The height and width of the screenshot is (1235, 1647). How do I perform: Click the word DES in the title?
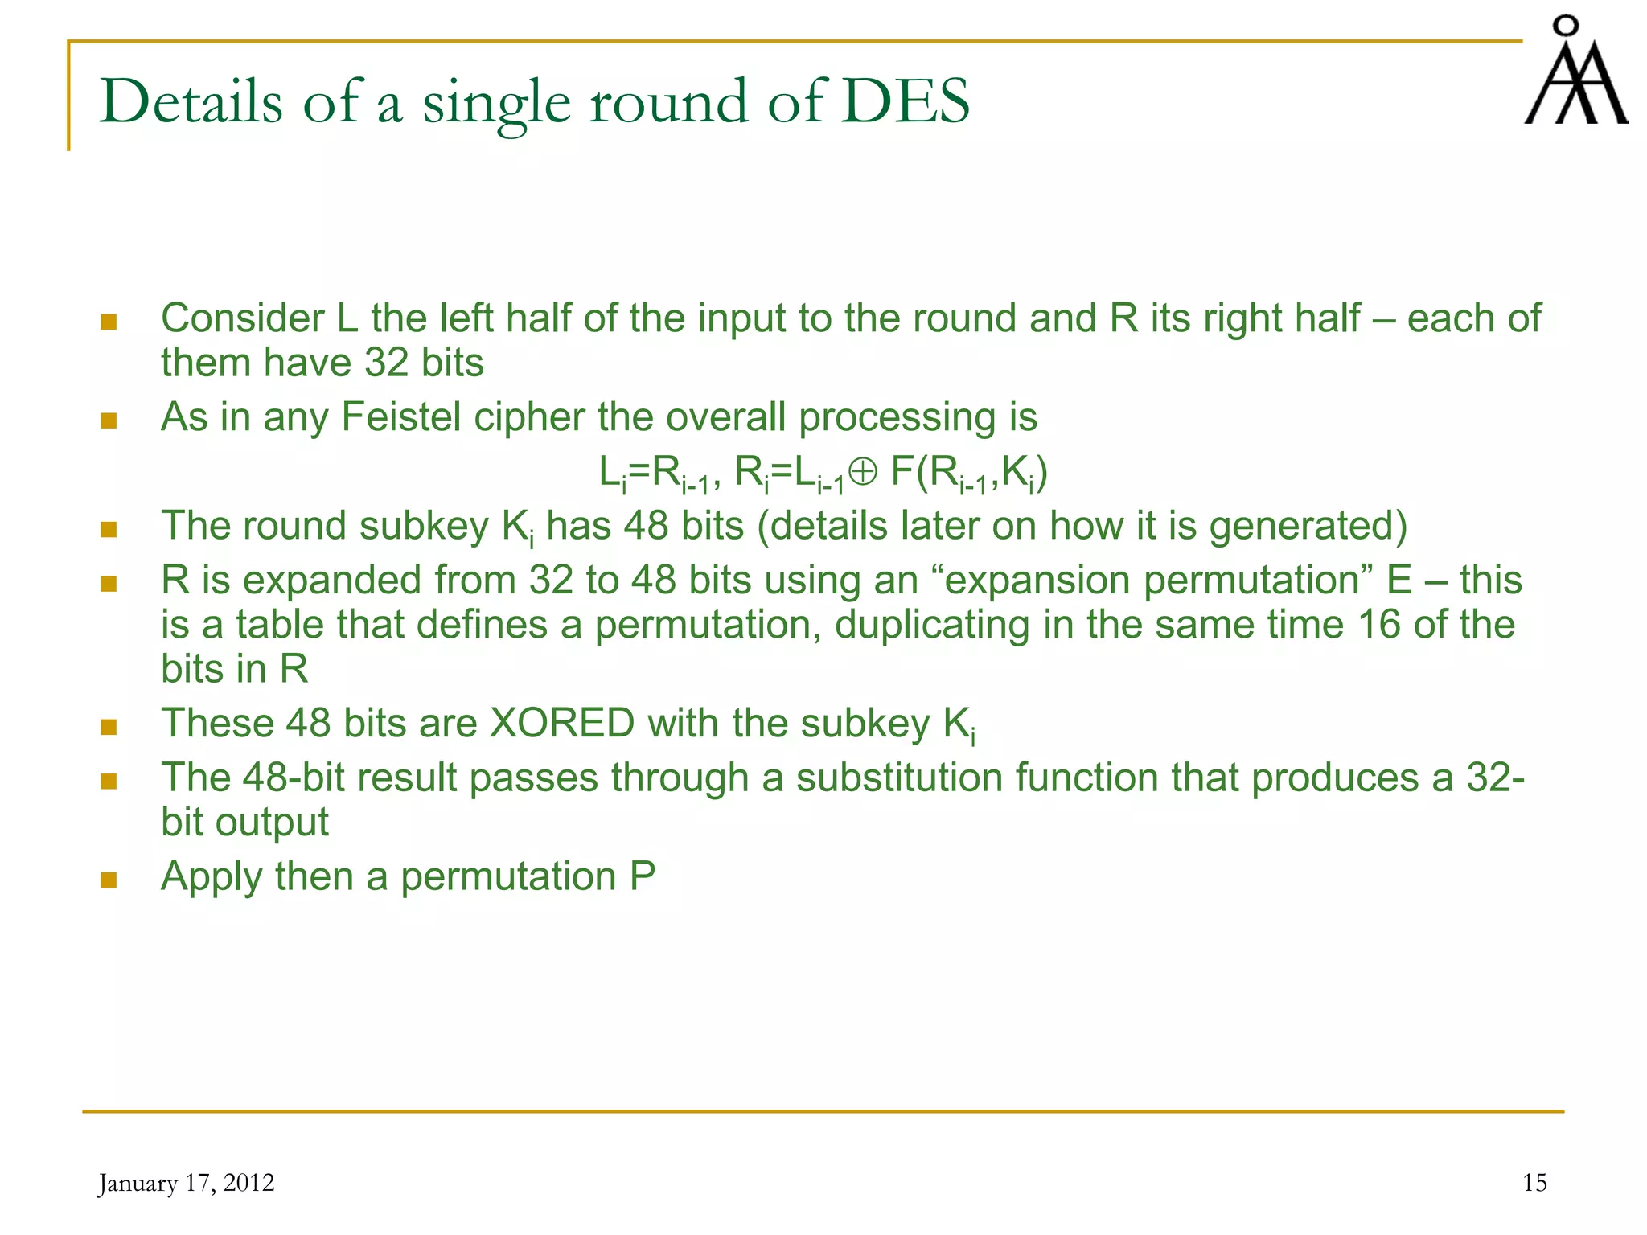[905, 102]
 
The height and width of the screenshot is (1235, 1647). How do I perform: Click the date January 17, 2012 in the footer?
[186, 1183]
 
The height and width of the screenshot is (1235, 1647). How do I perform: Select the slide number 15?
[1534, 1183]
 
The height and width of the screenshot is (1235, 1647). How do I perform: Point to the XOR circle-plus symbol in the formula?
[862, 472]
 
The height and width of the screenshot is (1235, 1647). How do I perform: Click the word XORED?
[562, 723]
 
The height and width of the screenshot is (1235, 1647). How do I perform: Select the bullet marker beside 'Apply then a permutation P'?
[109, 880]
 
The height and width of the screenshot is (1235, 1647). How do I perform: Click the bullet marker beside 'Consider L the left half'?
[109, 322]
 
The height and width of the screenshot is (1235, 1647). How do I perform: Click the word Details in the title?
[191, 102]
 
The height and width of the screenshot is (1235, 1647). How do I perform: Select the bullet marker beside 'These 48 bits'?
[109, 727]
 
